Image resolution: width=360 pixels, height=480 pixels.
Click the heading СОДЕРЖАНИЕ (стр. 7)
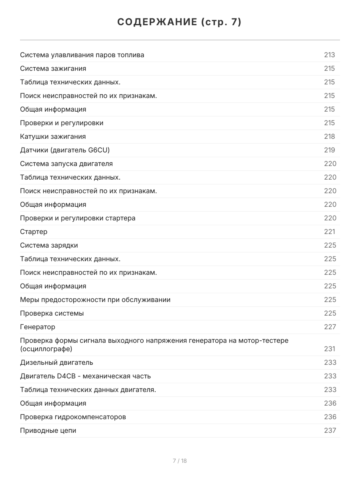click(180, 22)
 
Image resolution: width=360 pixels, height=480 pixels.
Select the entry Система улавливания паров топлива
click(82, 55)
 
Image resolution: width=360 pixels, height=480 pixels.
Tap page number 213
click(329, 55)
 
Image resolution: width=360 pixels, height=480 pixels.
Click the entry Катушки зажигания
click(53, 136)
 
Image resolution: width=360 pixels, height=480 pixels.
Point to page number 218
click(329, 136)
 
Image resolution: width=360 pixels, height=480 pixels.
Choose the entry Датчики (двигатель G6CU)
click(65, 150)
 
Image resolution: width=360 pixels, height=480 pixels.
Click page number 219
click(329, 150)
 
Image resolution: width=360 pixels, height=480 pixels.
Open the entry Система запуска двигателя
click(66, 164)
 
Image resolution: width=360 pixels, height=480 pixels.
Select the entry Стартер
click(34, 232)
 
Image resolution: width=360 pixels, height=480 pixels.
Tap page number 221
click(329, 232)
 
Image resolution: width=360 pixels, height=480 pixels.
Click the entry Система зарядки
click(49, 245)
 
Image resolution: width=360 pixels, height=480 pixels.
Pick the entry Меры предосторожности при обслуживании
click(95, 300)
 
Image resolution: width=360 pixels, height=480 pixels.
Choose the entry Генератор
click(38, 327)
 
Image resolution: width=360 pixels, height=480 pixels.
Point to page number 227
click(330, 327)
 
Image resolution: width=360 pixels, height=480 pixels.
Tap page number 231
click(329, 349)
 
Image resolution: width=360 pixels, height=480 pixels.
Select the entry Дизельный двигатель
click(56, 362)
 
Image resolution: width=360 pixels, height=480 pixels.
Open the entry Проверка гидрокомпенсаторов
click(73, 417)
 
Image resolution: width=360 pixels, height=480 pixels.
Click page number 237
click(330, 430)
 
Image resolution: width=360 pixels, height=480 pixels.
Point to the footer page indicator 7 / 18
click(180, 461)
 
